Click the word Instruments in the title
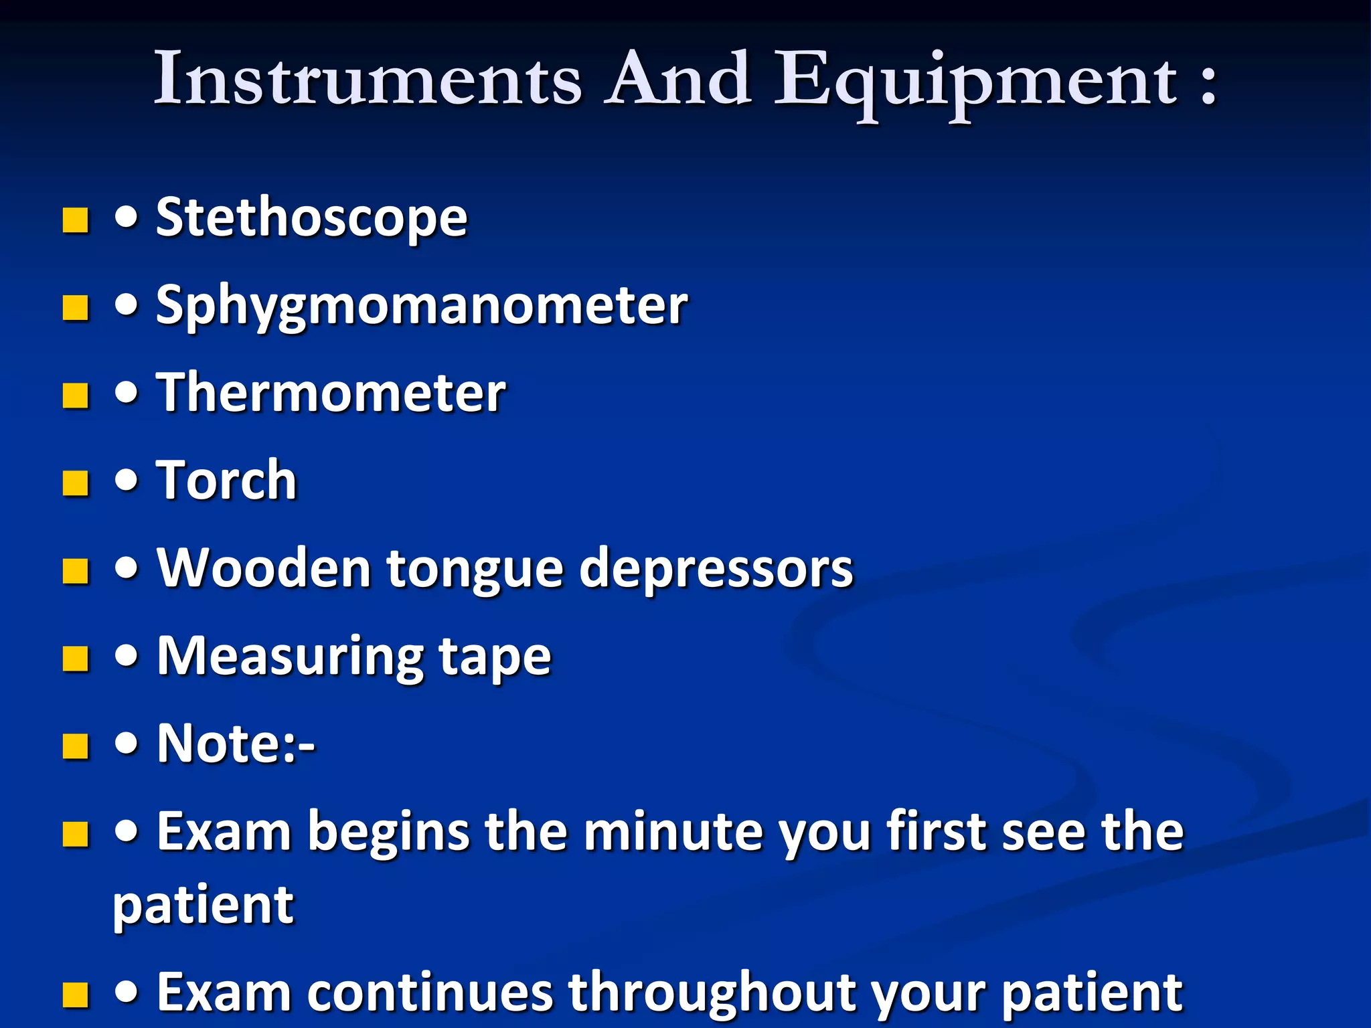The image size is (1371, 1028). (x=368, y=79)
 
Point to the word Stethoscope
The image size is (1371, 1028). (x=311, y=218)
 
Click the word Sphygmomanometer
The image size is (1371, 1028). (x=422, y=307)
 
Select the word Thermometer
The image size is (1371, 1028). (x=331, y=393)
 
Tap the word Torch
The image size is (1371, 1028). (x=226, y=481)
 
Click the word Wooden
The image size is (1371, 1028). (x=264, y=568)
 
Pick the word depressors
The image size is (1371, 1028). (x=716, y=570)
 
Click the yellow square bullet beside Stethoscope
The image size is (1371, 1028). (x=76, y=220)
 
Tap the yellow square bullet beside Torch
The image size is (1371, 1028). (x=76, y=483)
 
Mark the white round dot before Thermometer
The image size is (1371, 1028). (x=127, y=393)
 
